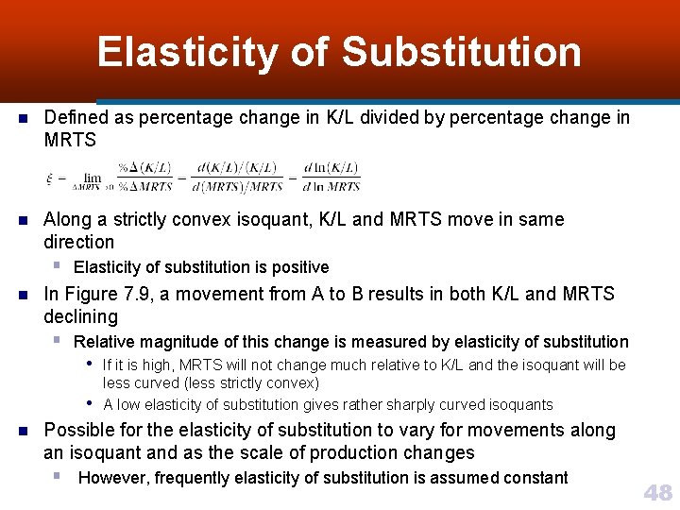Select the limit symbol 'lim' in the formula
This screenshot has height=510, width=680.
(92, 177)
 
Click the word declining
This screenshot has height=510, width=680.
(81, 316)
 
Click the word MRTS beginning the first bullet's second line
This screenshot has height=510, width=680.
(71, 140)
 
